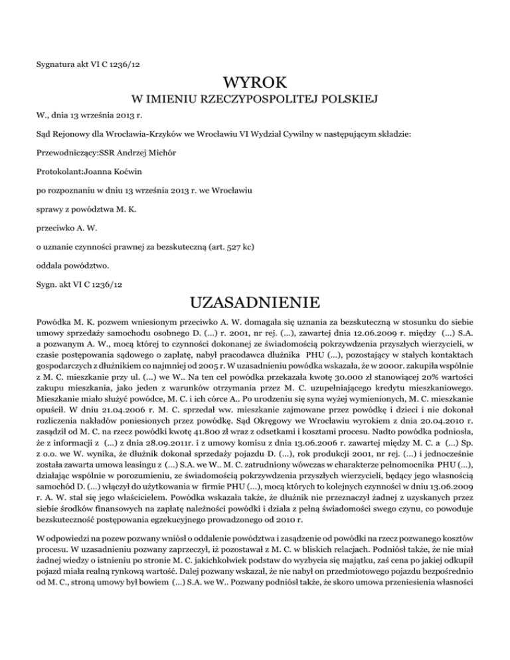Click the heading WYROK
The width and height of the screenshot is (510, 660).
point(255,84)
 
